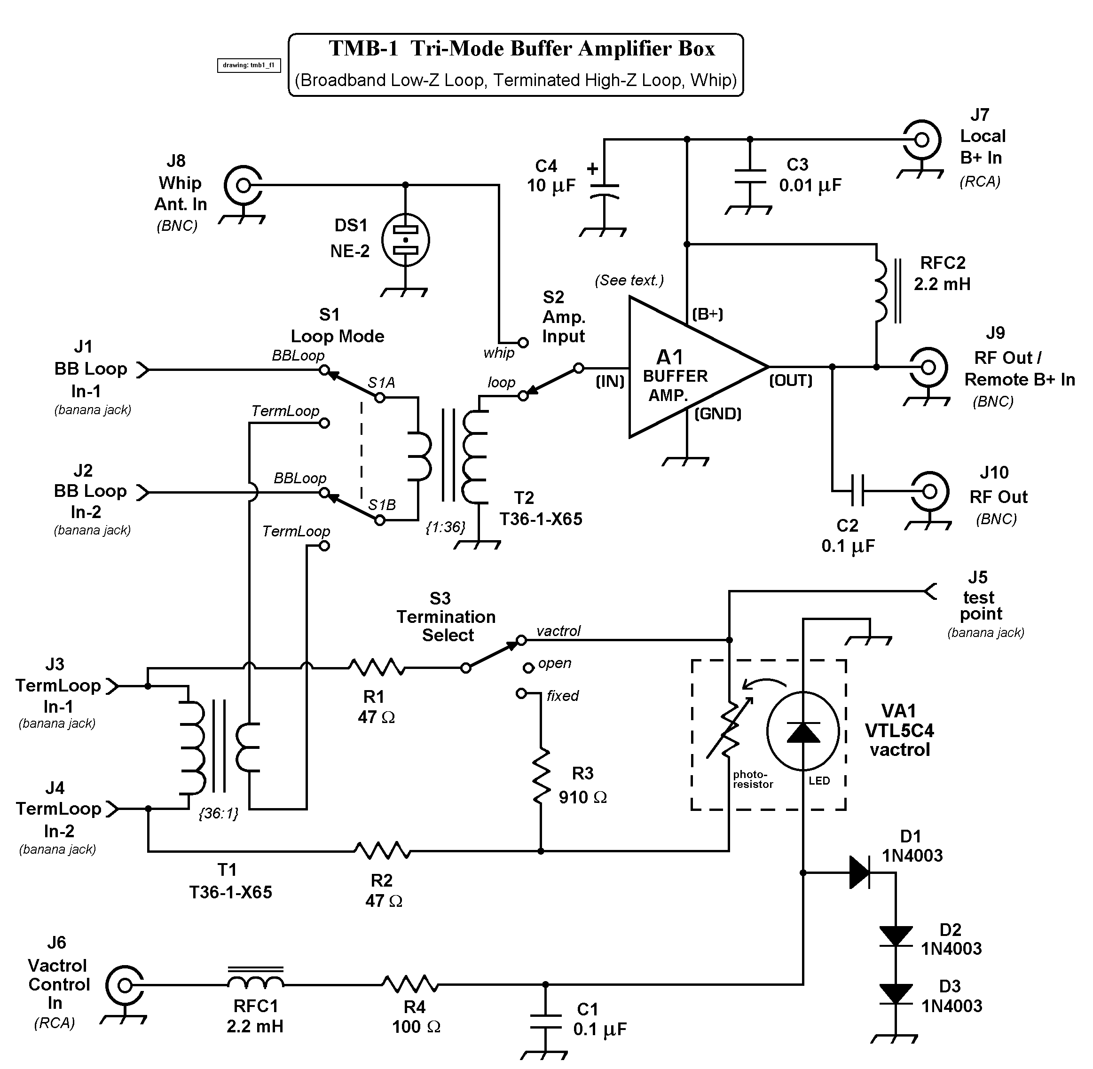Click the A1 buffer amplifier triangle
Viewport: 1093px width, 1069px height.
[685, 368]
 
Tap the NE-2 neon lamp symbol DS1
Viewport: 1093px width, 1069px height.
[405, 240]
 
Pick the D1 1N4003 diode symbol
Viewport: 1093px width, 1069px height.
[859, 872]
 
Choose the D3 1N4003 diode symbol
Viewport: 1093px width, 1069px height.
[896, 994]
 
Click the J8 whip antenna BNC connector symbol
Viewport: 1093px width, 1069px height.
[243, 185]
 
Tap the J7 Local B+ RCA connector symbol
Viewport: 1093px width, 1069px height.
[921, 139]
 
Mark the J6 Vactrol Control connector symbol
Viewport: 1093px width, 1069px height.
[124, 985]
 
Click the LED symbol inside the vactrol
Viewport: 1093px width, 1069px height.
[803, 731]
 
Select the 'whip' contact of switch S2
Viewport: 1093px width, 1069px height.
[523, 342]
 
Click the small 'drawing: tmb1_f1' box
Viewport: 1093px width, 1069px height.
[249, 65]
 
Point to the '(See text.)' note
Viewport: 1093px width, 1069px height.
[629, 280]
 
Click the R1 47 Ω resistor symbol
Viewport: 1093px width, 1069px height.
[376, 668]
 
